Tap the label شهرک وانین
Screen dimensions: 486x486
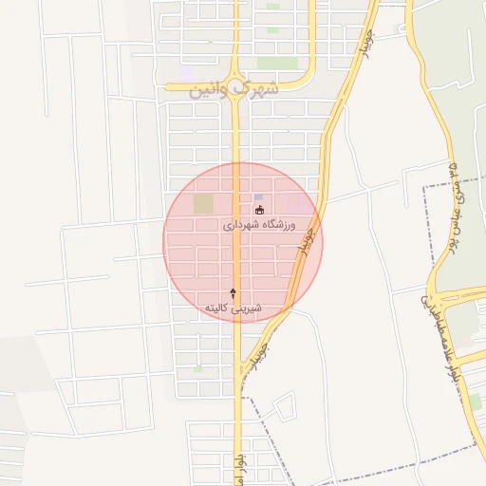234,88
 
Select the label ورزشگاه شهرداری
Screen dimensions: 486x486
259,226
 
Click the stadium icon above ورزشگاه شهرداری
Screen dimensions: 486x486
259,209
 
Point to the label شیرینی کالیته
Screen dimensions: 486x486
232,308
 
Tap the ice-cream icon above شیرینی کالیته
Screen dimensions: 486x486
233,293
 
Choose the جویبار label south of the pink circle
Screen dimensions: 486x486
259,351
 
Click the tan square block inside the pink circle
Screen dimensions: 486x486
203,203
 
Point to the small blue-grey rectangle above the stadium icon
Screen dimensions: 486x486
258,196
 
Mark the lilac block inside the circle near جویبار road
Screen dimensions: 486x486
297,203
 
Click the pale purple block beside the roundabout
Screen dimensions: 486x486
188,73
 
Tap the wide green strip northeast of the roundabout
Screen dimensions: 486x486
273,30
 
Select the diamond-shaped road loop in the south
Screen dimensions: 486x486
283,407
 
